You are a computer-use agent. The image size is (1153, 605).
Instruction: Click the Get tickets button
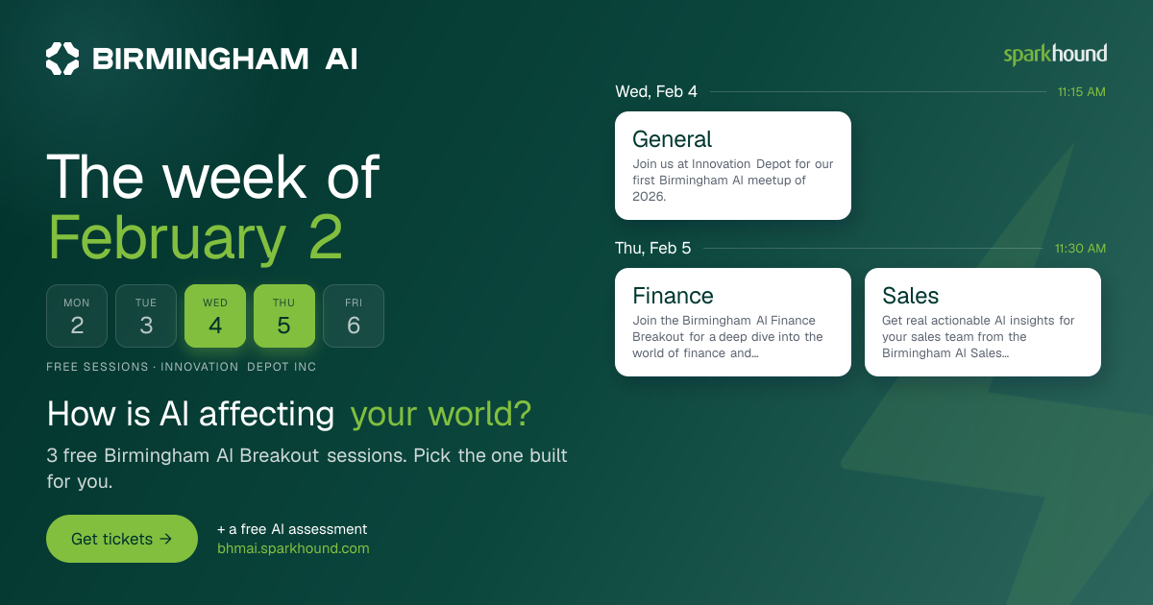click(122, 539)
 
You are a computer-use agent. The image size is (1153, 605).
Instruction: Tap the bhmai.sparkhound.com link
click(293, 548)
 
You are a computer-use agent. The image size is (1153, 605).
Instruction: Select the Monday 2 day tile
click(77, 316)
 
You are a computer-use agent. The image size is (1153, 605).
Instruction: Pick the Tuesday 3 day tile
click(146, 316)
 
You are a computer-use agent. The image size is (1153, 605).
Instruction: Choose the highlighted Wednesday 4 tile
click(215, 316)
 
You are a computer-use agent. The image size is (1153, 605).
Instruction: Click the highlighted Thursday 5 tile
click(284, 316)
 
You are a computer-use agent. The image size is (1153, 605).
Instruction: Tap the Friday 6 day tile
click(354, 316)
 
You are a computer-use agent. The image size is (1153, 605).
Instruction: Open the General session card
click(733, 165)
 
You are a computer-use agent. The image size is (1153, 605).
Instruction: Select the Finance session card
click(733, 322)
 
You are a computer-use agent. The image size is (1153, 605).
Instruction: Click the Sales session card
click(983, 322)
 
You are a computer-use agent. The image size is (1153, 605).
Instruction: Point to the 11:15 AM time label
click(1082, 92)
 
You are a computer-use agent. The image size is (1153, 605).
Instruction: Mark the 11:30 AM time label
click(1080, 249)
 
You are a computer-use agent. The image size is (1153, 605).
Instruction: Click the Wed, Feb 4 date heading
click(656, 91)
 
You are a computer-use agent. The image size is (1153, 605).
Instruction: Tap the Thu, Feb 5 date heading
click(652, 248)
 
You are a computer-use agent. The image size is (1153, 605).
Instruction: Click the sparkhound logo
click(1055, 55)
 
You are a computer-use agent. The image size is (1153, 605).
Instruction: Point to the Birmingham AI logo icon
click(62, 59)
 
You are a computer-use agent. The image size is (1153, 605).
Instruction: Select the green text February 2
click(196, 238)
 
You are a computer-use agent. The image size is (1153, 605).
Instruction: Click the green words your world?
click(441, 414)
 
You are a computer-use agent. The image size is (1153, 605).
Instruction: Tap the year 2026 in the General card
click(650, 197)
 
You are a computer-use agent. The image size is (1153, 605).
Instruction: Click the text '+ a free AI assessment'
click(292, 529)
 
